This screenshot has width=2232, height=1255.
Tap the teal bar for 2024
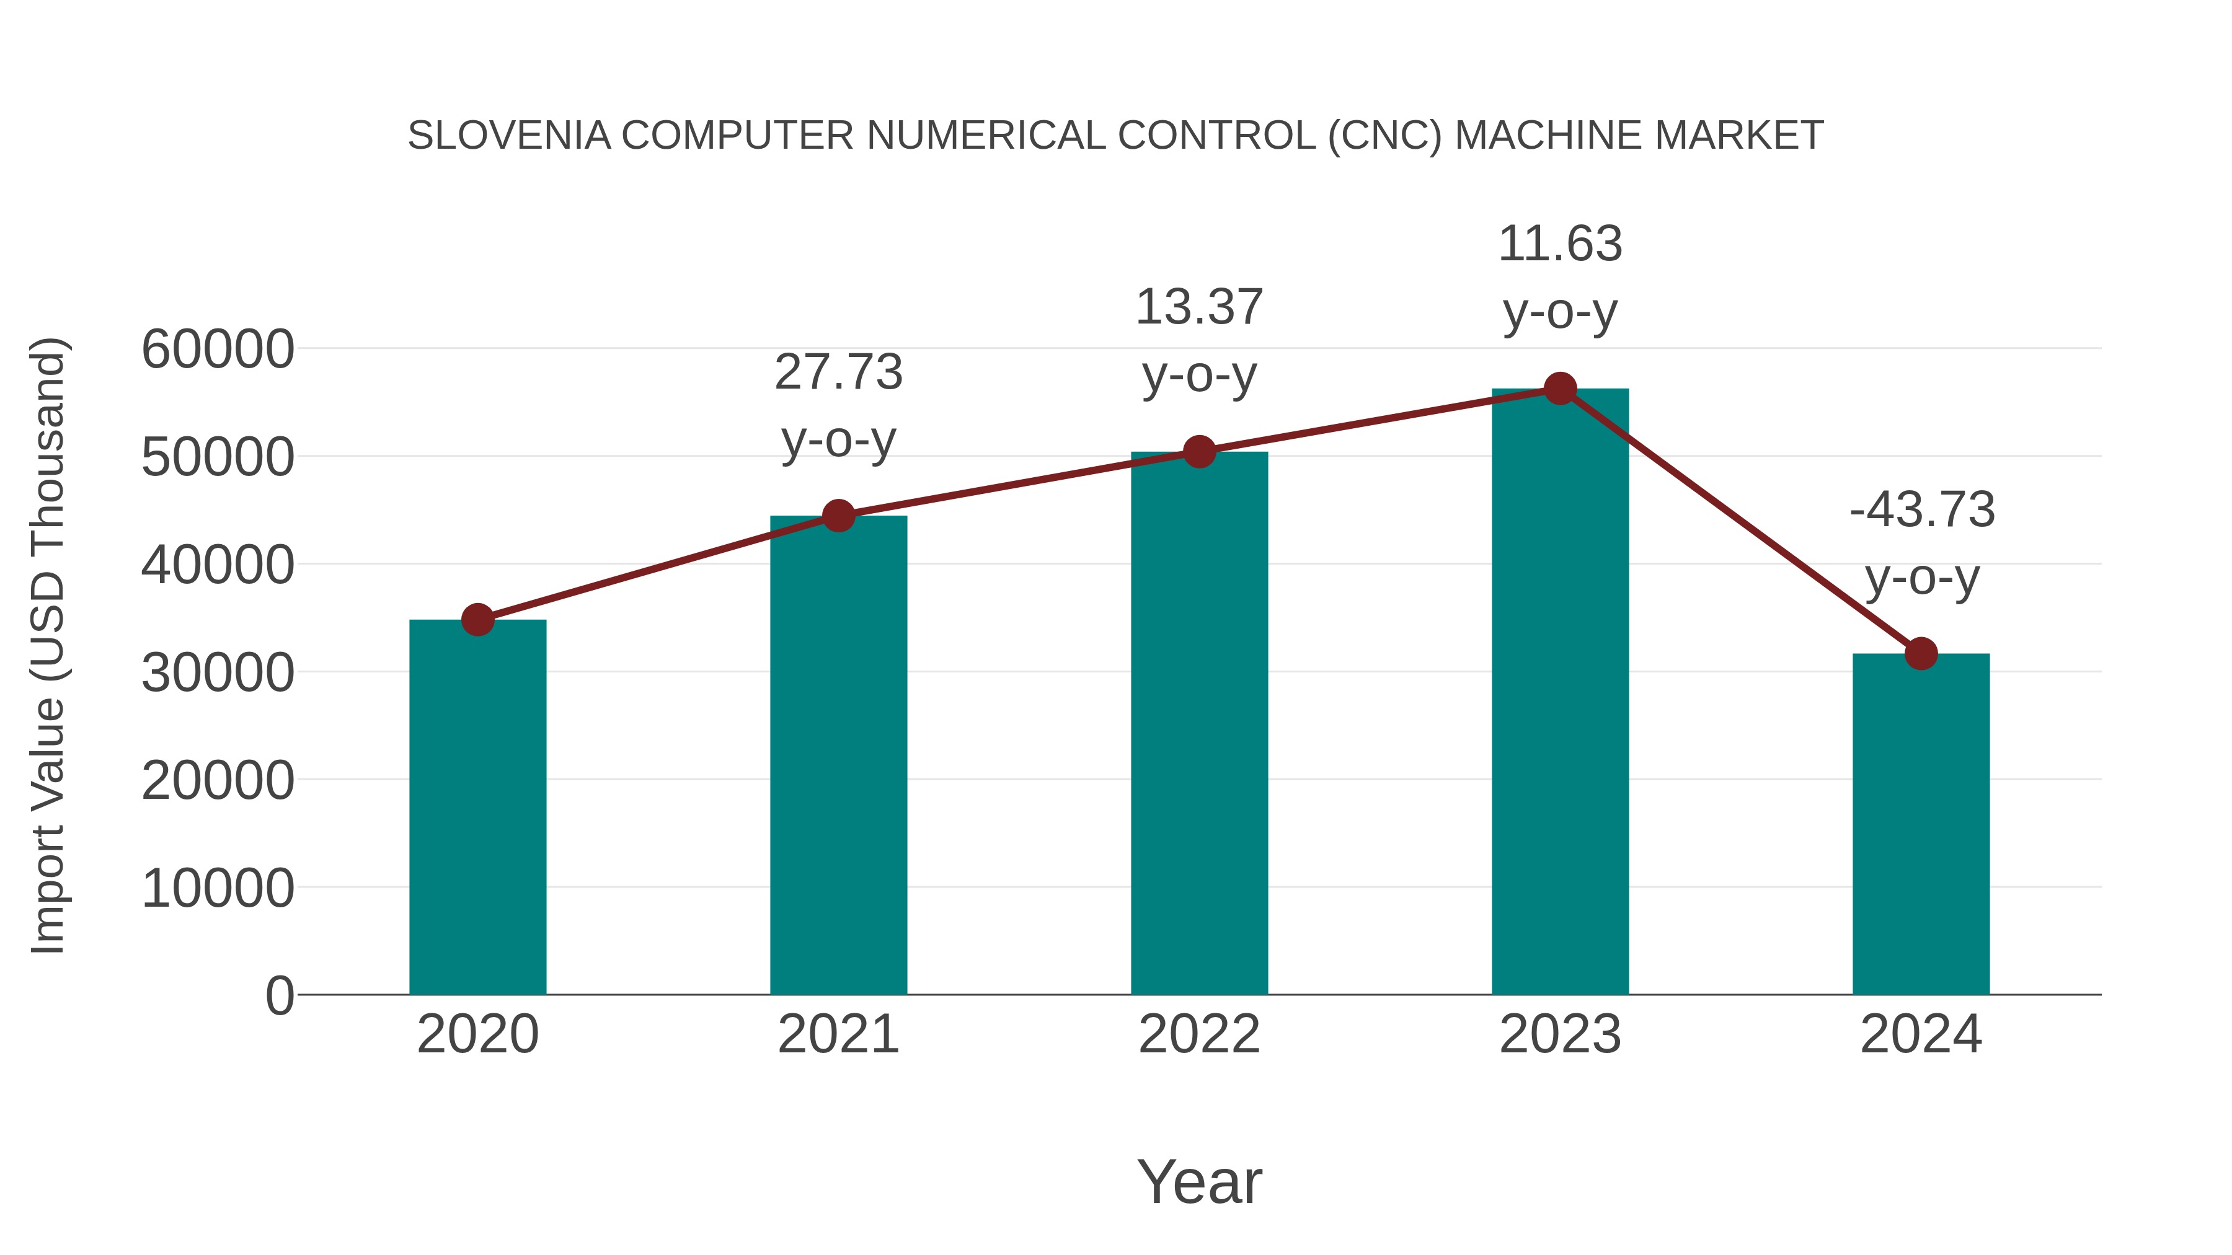click(1921, 824)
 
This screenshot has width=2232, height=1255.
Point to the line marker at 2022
click(1199, 451)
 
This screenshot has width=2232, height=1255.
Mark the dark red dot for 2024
click(1921, 653)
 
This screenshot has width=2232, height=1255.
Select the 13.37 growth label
click(1199, 340)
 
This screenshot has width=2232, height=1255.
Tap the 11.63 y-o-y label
click(1560, 276)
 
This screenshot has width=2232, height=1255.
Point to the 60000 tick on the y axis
click(218, 350)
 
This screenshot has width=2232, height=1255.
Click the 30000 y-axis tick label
click(218, 673)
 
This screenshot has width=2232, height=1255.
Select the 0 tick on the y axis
click(279, 996)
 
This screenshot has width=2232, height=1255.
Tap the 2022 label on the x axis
click(1199, 1034)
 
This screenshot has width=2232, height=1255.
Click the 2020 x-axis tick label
click(477, 1034)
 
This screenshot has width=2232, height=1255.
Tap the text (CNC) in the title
click(1384, 136)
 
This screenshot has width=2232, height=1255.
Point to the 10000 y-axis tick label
click(218, 889)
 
